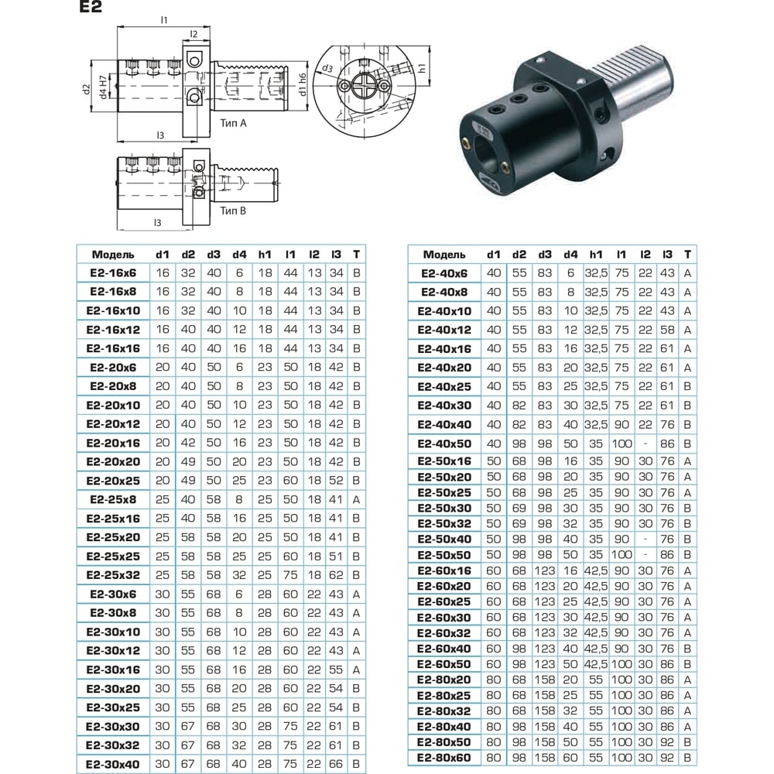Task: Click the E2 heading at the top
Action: [91, 7]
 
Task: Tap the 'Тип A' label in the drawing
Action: [233, 123]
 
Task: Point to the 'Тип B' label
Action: [232, 211]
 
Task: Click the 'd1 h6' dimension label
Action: [303, 84]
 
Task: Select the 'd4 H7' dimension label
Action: [103, 87]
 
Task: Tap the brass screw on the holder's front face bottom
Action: [505, 167]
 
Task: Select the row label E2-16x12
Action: [113, 330]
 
